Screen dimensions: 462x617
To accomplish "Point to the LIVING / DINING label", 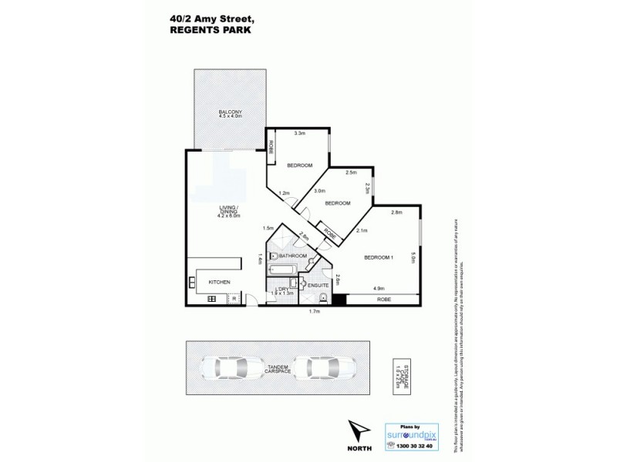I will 230,213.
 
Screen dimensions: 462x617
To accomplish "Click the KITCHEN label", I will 220,283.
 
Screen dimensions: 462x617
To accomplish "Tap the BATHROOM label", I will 293,256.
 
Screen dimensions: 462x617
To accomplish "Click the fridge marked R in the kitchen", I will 232,299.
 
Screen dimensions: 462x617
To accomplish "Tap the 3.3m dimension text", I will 299,133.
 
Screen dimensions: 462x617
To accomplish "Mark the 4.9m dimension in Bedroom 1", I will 379,288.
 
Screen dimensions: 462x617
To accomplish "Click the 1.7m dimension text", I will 314,311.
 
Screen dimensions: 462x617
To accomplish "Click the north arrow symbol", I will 359,428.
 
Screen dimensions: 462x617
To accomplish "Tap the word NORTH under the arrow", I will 359,447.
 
